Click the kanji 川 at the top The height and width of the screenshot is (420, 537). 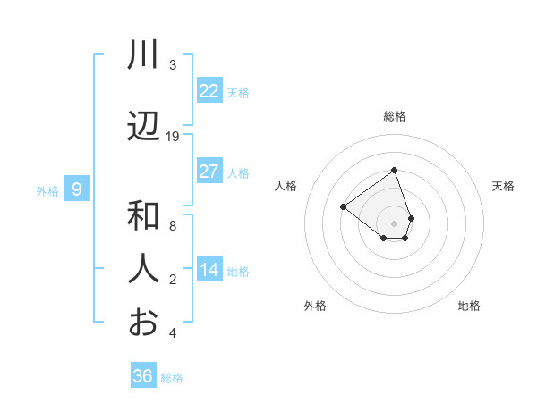[x=143, y=55]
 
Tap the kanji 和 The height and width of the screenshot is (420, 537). [x=143, y=216]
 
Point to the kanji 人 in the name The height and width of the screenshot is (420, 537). [x=143, y=269]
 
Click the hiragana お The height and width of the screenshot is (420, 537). [x=143, y=323]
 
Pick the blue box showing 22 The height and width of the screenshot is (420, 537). [x=209, y=91]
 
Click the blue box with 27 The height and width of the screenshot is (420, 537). [x=209, y=172]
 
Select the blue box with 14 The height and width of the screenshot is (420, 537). [x=209, y=270]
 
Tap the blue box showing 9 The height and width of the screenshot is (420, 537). [x=77, y=189]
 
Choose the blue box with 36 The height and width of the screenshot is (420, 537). [x=143, y=376]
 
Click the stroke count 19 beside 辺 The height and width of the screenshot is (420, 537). [x=173, y=137]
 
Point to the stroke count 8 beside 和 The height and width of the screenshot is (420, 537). [x=173, y=226]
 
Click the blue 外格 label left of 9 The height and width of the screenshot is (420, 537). [x=47, y=190]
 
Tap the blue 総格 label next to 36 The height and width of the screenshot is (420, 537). [x=172, y=378]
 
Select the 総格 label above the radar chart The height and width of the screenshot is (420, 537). [x=394, y=116]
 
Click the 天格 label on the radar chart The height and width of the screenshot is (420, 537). [x=503, y=186]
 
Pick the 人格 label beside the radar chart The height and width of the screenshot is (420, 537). [x=286, y=186]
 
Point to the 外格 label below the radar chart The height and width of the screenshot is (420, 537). [x=315, y=306]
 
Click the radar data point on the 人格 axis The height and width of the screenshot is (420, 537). [x=343, y=206]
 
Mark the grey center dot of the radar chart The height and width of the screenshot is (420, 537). [x=394, y=223]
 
